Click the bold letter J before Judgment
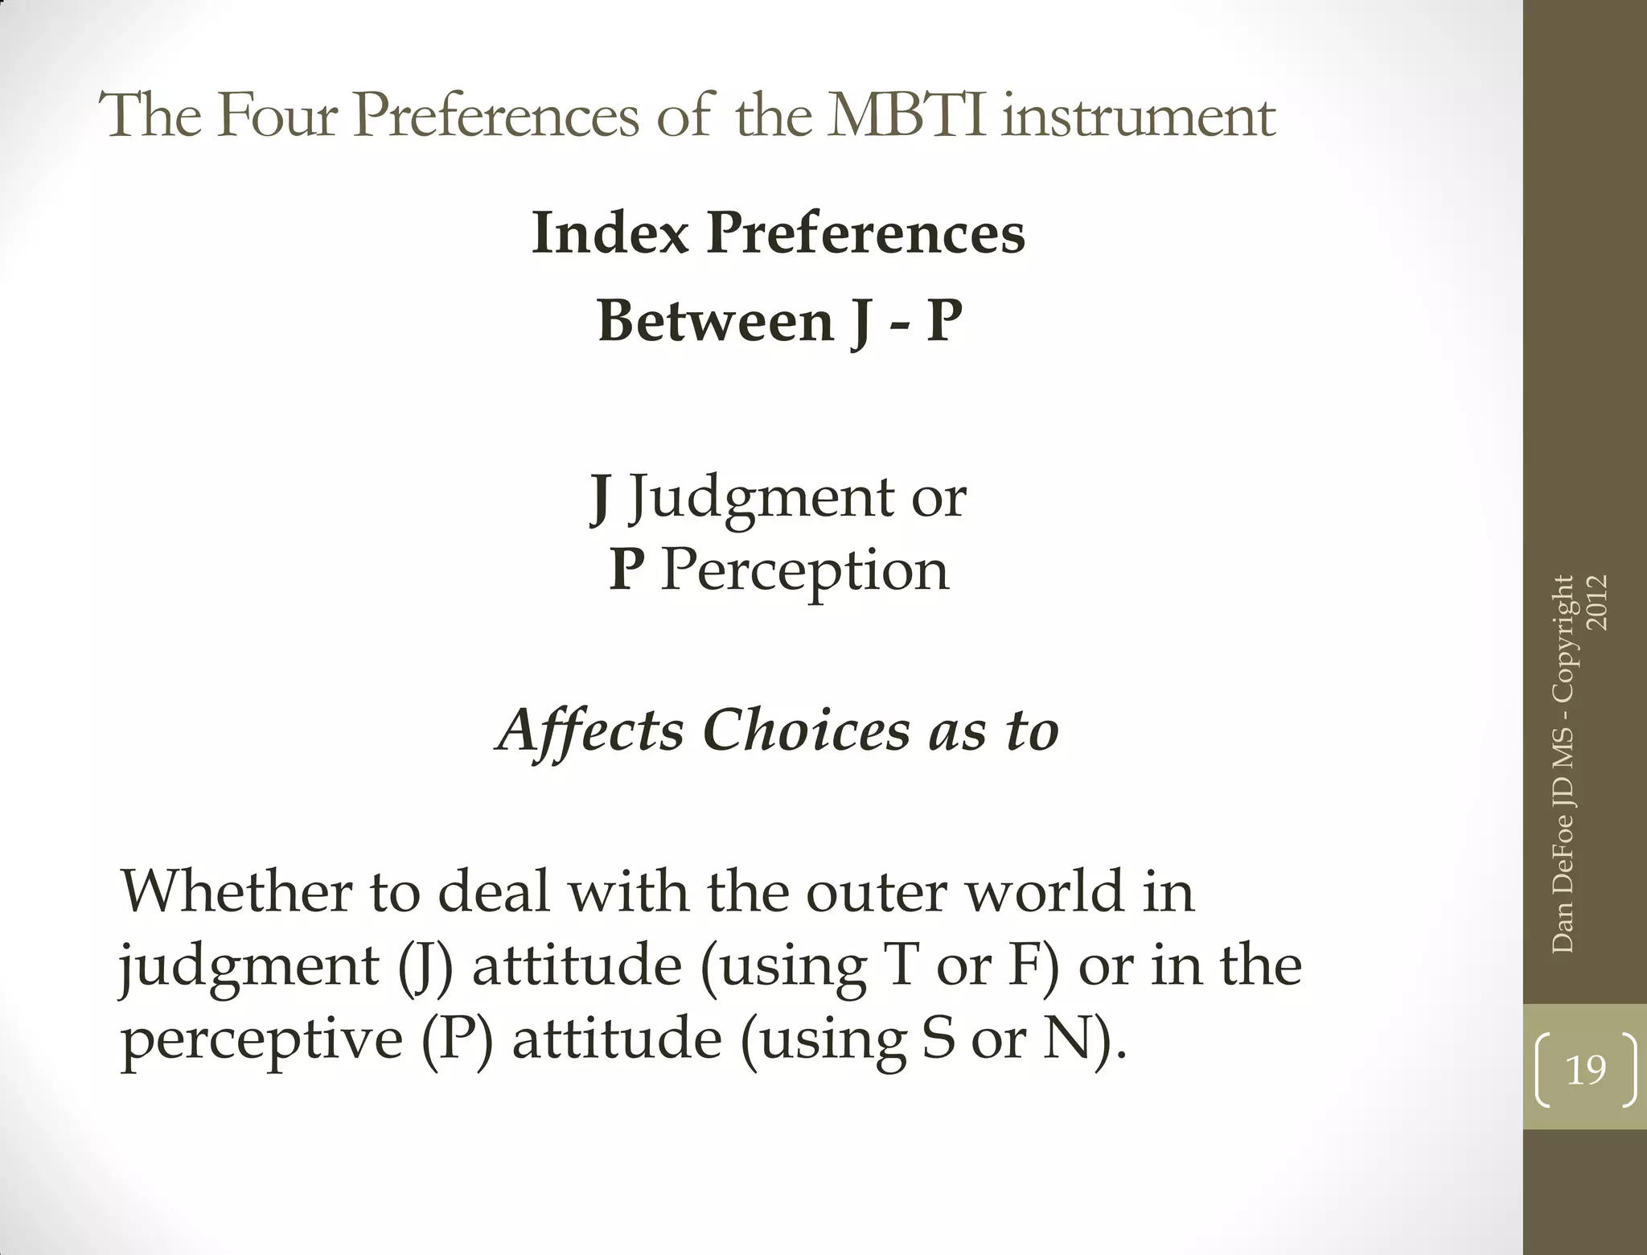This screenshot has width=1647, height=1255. pyautogui.click(x=599, y=499)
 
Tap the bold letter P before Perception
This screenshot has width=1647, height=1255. pyautogui.click(x=626, y=570)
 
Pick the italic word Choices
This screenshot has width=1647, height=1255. pyautogui.click(x=807, y=730)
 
